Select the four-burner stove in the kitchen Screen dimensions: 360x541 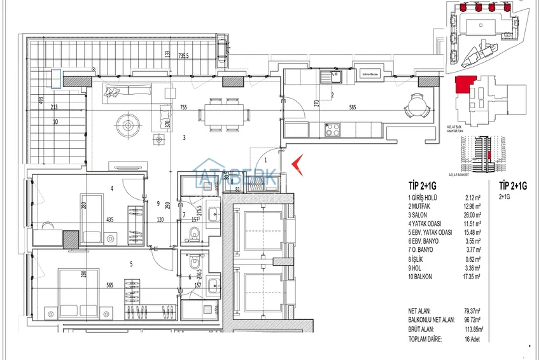pyautogui.click(x=333, y=129)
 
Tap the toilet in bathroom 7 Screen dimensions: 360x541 pyautogui.click(x=194, y=236)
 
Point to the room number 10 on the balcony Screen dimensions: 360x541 pyautogui.click(x=56, y=121)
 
